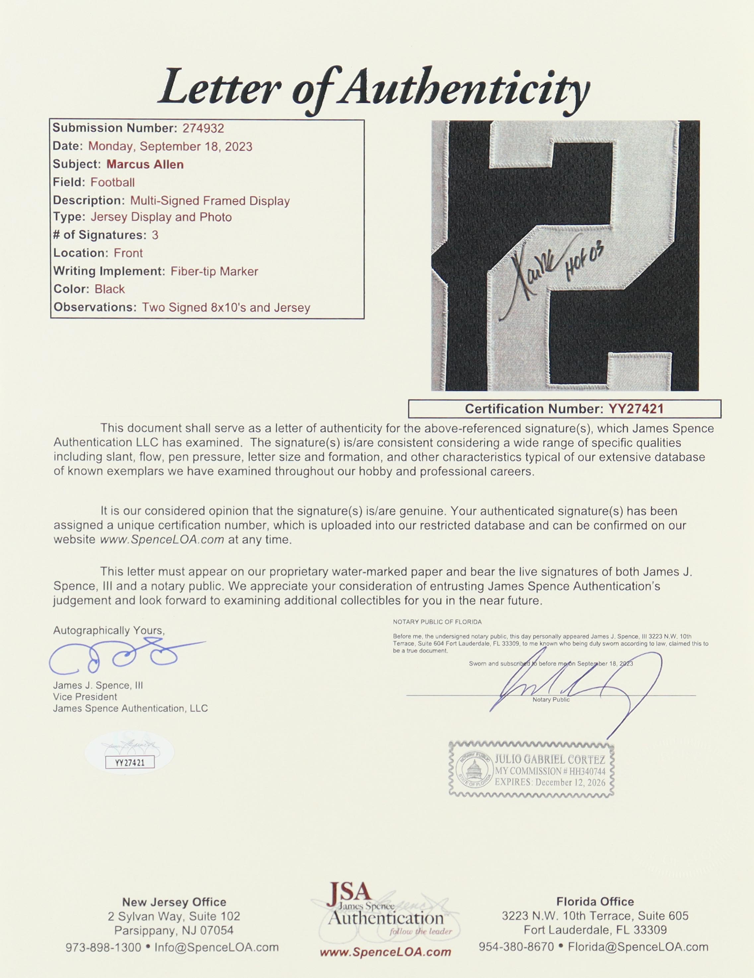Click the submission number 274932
point(203,128)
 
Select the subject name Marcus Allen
point(145,164)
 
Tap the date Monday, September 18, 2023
point(170,146)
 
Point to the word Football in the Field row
point(112,182)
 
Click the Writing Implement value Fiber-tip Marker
point(214,271)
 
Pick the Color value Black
point(109,289)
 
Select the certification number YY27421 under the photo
point(636,409)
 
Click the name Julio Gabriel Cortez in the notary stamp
point(550,760)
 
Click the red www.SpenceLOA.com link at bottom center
point(385,952)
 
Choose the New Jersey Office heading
point(174,902)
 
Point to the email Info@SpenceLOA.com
point(217,947)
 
